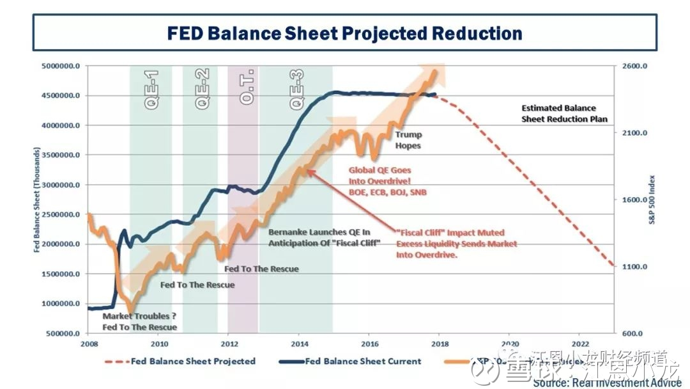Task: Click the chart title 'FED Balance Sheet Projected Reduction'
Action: [344, 33]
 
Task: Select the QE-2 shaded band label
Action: [203, 91]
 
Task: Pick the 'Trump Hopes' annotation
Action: [408, 140]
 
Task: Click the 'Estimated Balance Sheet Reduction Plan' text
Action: [564, 114]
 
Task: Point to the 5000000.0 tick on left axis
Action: [61, 67]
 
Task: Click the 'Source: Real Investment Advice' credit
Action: [606, 383]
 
